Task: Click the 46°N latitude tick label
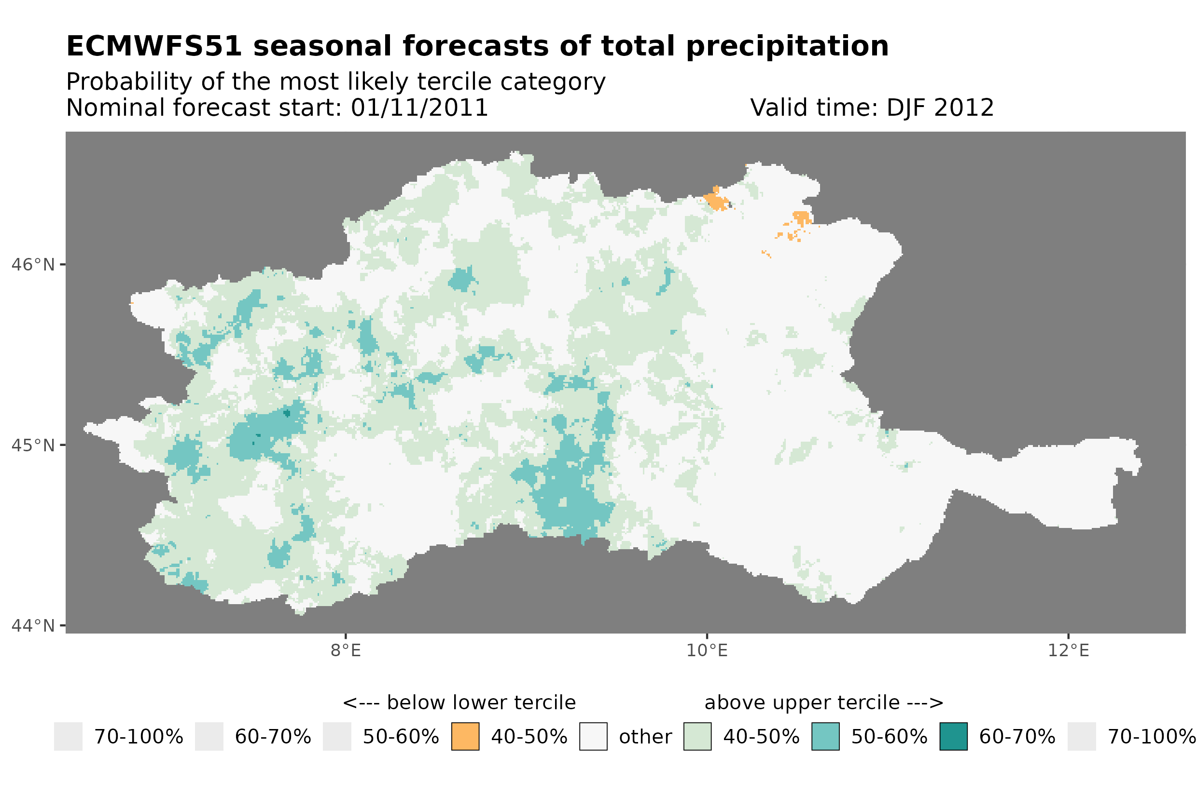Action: click(x=32, y=265)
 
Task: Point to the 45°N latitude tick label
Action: click(x=32, y=445)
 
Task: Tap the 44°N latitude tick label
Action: click(x=32, y=626)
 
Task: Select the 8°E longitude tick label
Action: click(x=346, y=651)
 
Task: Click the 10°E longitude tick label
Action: click(x=707, y=651)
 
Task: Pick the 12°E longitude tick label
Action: click(x=1068, y=651)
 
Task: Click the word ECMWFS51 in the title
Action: click(x=153, y=46)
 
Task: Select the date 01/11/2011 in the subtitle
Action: click(x=419, y=108)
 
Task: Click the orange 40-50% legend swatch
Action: click(x=465, y=737)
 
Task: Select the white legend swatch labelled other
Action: click(x=593, y=737)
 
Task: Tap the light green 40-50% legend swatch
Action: click(x=697, y=737)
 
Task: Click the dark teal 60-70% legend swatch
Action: click(x=953, y=737)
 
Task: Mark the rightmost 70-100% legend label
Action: click(x=1151, y=737)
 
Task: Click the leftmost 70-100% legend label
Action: click(x=139, y=737)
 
